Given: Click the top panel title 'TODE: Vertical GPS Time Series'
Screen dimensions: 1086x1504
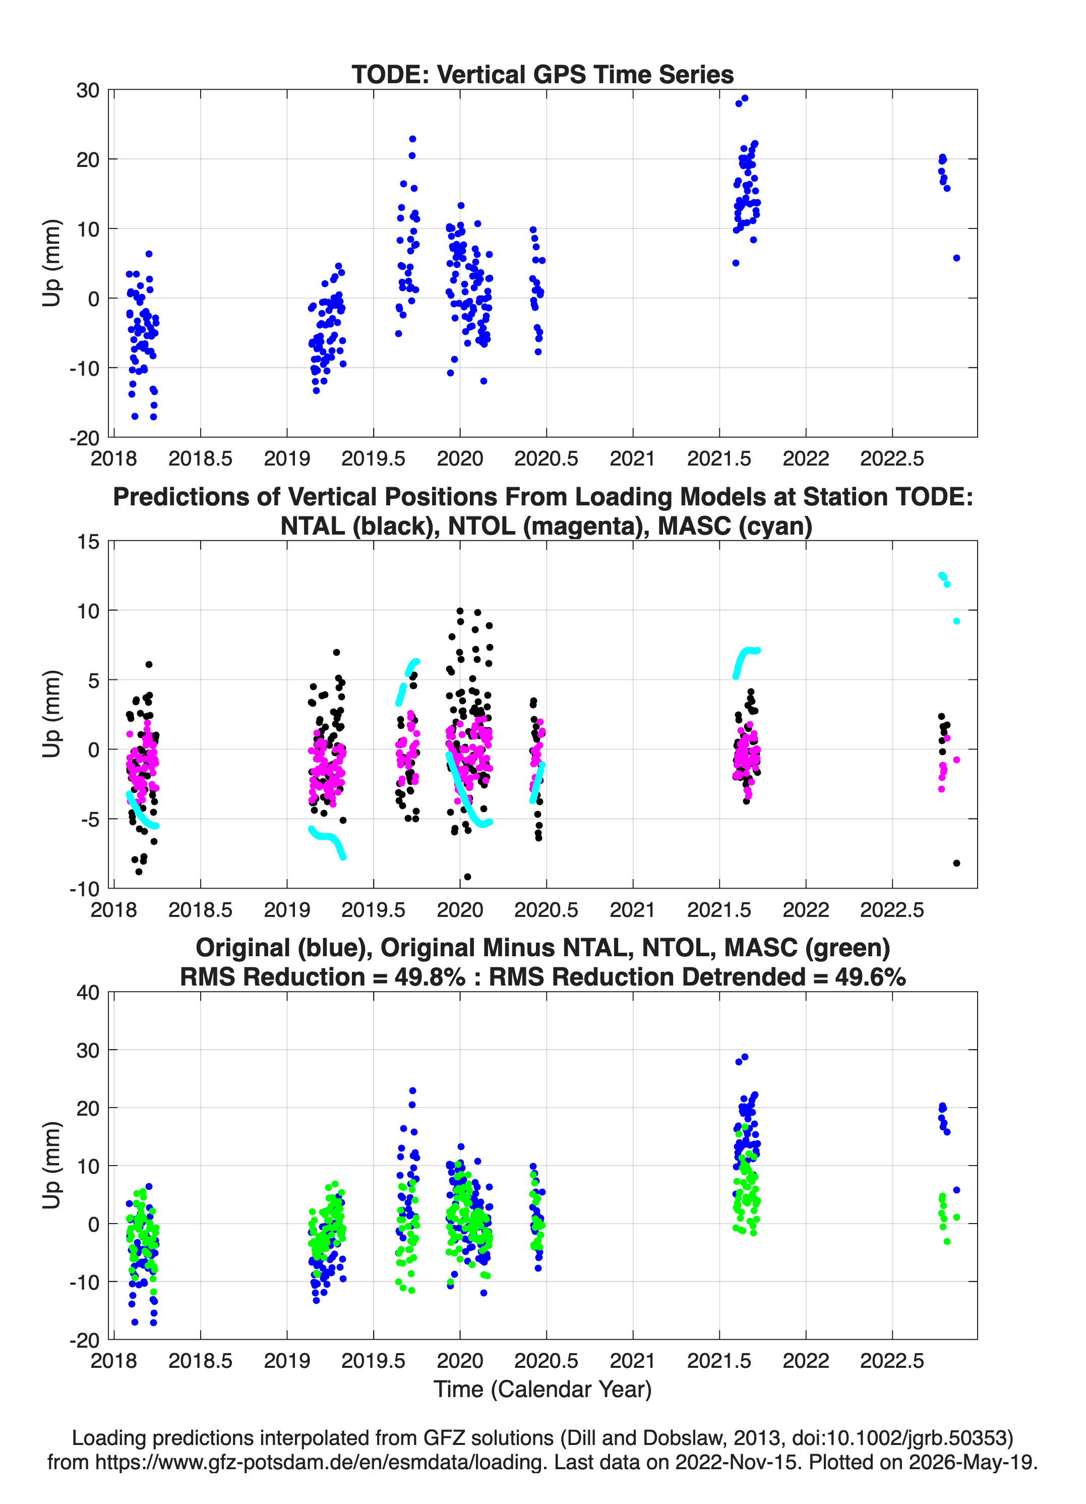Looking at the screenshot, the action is click(x=542, y=74).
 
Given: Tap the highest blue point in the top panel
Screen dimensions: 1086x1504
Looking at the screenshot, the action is click(x=745, y=98).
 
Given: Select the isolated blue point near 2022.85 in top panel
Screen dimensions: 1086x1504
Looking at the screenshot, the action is click(x=956, y=258).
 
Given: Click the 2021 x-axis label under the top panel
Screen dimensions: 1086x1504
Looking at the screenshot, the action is click(x=633, y=458).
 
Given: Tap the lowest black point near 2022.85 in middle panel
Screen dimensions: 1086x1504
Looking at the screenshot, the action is click(x=956, y=863).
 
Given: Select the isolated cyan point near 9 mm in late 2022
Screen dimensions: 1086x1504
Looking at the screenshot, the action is click(x=956, y=621).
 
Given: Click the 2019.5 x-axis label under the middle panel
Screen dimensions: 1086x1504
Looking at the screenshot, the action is click(x=373, y=909).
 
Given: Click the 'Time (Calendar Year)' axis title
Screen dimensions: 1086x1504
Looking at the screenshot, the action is click(x=542, y=1390).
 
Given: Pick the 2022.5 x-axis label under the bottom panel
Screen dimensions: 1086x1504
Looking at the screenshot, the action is click(x=892, y=1361).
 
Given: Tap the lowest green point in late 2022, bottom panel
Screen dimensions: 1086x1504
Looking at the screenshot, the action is click(x=947, y=1241).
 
